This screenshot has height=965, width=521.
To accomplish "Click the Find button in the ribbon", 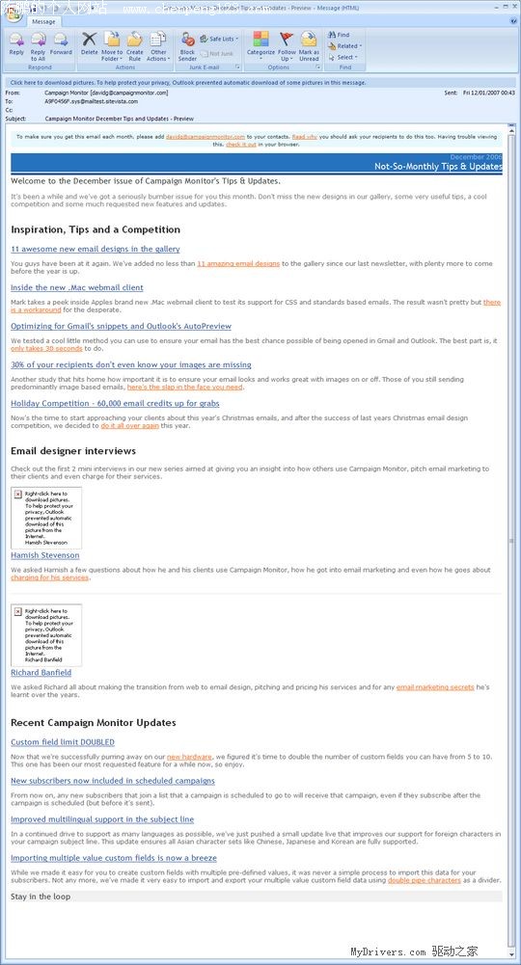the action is (339, 35).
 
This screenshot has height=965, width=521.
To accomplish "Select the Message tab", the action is (43, 21).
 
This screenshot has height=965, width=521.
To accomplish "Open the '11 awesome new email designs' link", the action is (95, 249).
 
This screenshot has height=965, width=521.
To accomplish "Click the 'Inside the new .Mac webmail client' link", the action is (76, 287).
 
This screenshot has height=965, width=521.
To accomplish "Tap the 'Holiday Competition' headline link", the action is (115, 403).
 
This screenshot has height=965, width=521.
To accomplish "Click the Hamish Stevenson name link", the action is (45, 555).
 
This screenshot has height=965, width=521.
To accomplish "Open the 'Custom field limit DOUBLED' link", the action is (63, 742).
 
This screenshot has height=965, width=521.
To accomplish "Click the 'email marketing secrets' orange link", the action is (435, 687).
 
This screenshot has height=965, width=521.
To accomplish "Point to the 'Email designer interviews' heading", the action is (73, 451).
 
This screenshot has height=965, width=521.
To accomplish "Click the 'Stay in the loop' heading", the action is (41, 897).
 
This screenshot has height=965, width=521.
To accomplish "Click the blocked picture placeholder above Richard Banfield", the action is (46, 633).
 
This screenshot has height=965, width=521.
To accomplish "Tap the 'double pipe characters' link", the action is (425, 880).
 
